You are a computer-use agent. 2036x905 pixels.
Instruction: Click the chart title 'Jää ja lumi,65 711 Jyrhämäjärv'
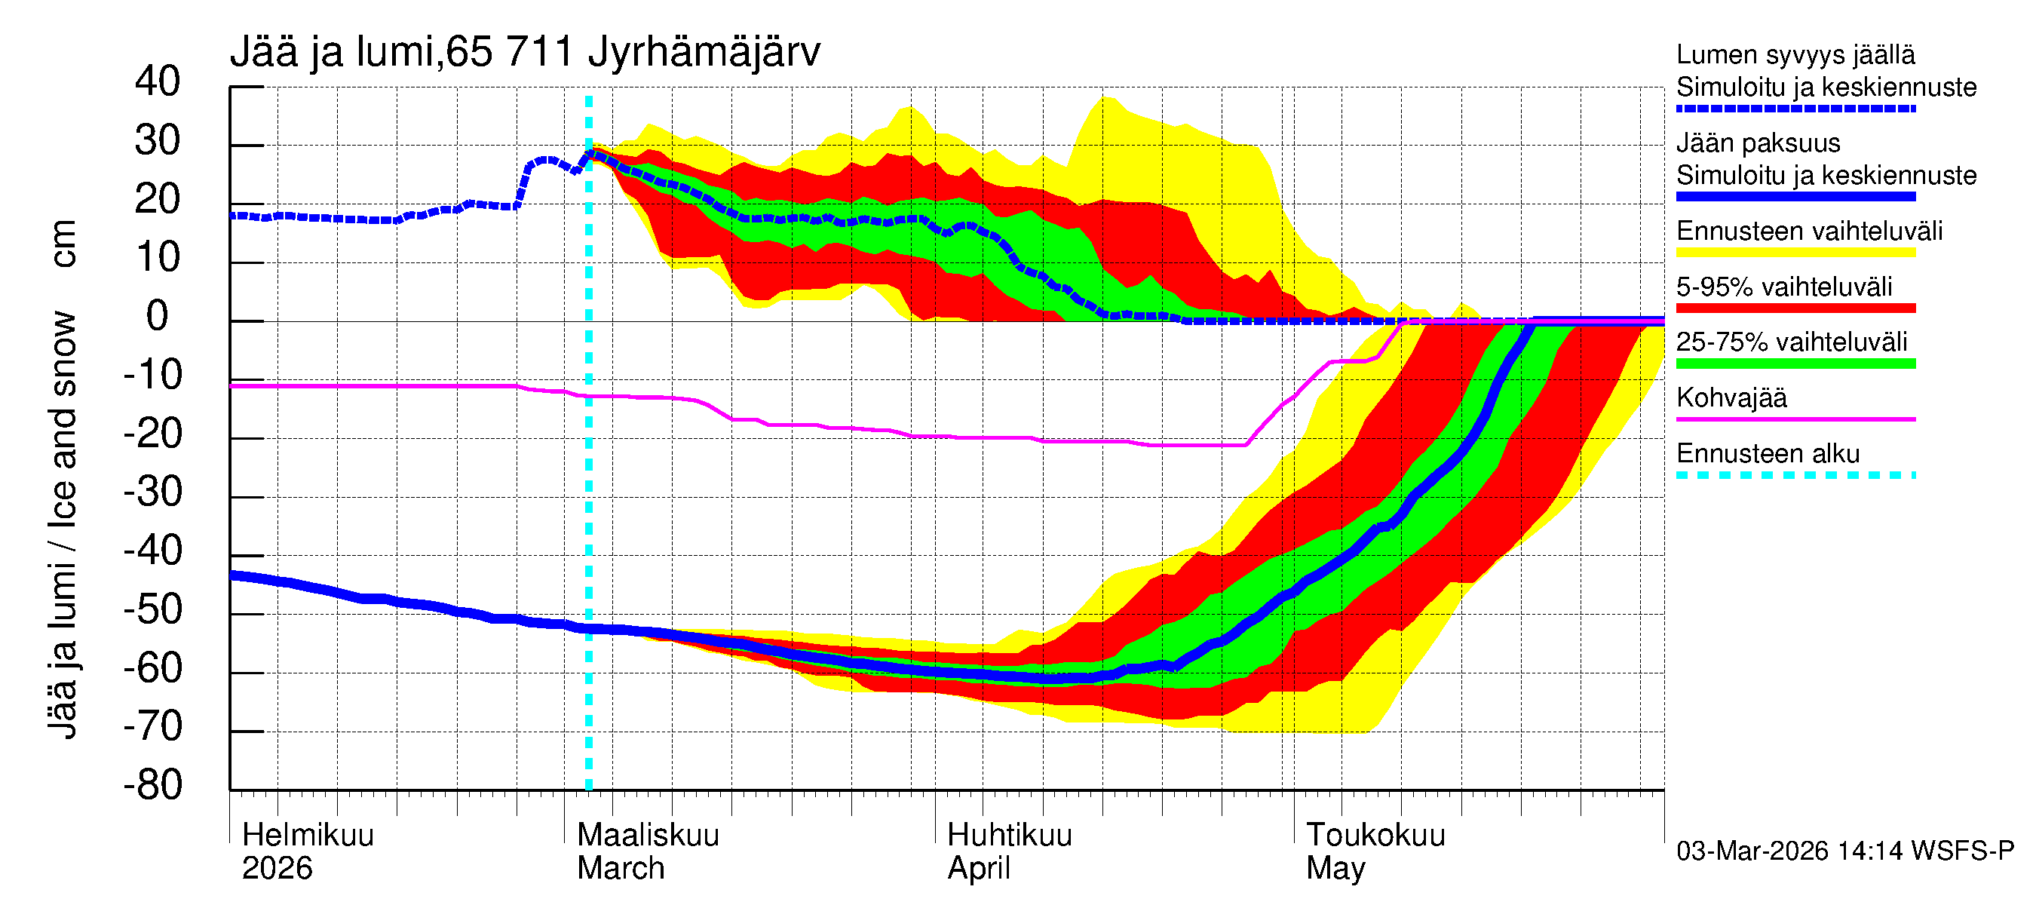click(x=525, y=52)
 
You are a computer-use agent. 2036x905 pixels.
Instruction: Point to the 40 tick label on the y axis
click(x=158, y=82)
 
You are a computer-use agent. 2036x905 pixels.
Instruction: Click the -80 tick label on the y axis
click(x=152, y=786)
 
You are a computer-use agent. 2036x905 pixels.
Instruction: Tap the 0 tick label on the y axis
click(x=158, y=317)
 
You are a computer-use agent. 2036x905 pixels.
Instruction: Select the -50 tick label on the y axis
click(x=152, y=610)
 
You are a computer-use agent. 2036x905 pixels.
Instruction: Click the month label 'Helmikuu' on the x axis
click(x=308, y=836)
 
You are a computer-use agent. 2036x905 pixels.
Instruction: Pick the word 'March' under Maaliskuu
click(x=621, y=869)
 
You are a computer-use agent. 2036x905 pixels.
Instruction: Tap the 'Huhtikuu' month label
click(x=1009, y=836)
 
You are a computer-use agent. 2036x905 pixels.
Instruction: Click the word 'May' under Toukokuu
click(x=1335, y=869)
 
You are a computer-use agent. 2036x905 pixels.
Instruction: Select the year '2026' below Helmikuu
click(x=277, y=869)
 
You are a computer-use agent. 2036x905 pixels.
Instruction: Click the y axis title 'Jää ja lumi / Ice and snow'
click(x=63, y=526)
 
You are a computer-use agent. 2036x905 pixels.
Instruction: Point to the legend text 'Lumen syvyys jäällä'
click(x=1795, y=55)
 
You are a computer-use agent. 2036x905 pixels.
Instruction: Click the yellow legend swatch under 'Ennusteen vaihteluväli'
click(x=1795, y=253)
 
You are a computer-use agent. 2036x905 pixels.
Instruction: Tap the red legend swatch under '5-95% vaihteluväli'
click(x=1795, y=308)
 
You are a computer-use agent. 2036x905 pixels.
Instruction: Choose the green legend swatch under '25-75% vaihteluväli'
click(x=1795, y=364)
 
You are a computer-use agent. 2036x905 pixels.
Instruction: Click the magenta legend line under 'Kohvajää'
click(x=1795, y=419)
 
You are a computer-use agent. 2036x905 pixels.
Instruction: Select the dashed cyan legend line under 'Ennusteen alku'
click(x=1795, y=475)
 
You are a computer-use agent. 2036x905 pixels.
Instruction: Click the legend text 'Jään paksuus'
click(x=1759, y=144)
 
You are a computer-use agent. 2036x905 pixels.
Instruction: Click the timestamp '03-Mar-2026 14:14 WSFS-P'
click(x=1844, y=851)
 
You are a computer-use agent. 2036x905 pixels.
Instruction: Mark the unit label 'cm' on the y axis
click(x=63, y=244)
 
